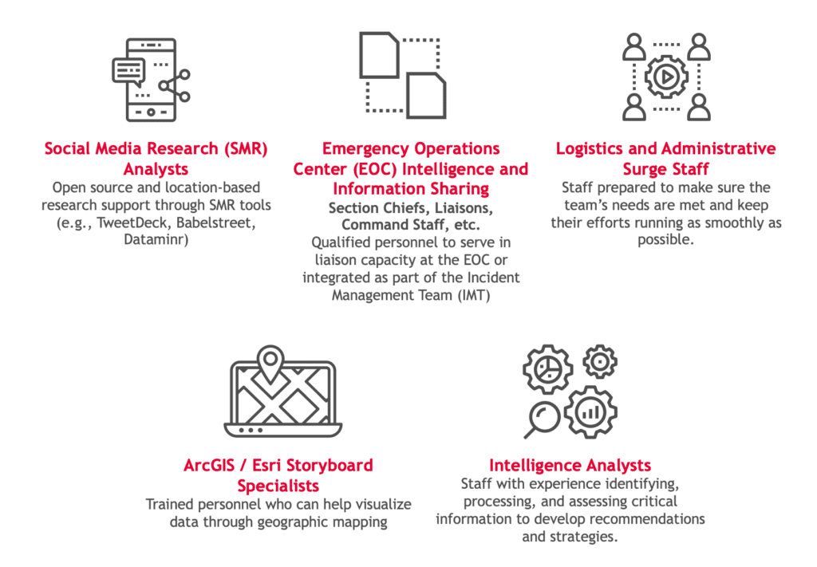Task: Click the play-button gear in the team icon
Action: point(665,77)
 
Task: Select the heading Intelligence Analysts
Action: point(570,465)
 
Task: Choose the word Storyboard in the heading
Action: point(323,465)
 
